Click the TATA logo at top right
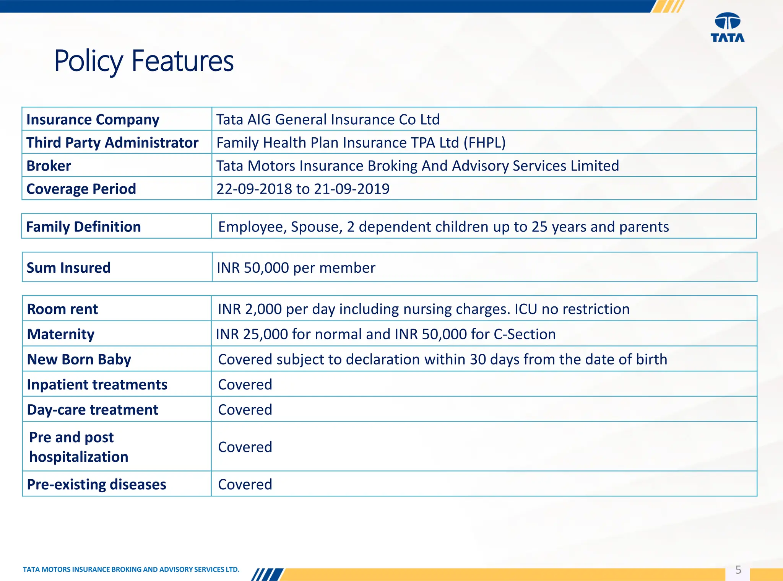[x=727, y=27]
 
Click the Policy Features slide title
[x=144, y=61]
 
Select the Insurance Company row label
[x=93, y=120]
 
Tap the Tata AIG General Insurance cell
[x=328, y=120]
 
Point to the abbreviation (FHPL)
[x=484, y=143]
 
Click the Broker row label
[x=49, y=166]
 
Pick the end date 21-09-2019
[x=352, y=189]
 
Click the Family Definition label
[x=84, y=227]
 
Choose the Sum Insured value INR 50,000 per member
[x=296, y=268]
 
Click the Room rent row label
[x=63, y=309]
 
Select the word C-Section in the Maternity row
[x=525, y=334]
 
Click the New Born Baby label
[x=79, y=360]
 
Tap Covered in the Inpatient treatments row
[x=245, y=384]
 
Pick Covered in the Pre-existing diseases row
[x=245, y=485]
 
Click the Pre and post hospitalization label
[x=78, y=447]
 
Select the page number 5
[x=738, y=570]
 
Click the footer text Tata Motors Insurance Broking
[x=131, y=570]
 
